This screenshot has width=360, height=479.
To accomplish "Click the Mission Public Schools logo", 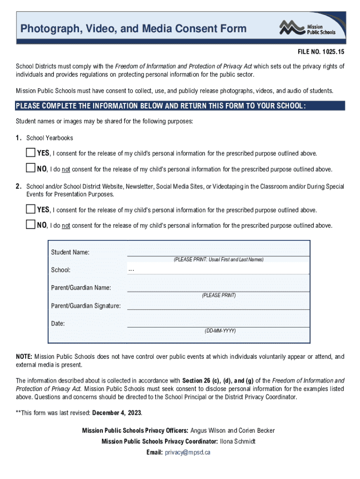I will point(307,28).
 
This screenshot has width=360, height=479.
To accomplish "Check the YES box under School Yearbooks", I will point(30,152).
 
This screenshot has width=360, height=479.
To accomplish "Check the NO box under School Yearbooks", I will point(30,168).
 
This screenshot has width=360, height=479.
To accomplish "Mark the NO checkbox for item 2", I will point(30,225).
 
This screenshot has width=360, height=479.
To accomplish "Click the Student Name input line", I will point(218,252).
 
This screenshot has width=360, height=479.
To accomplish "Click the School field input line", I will point(218,270).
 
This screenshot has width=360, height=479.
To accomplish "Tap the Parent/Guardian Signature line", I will point(218,306).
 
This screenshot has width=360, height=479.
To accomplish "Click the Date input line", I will point(218,323).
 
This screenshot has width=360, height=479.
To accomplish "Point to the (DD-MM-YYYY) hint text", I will point(220,331).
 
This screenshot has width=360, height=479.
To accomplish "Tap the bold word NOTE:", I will point(24,356).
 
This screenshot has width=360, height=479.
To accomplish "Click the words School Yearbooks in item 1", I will point(50,138).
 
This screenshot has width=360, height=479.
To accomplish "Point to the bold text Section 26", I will point(196,380).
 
